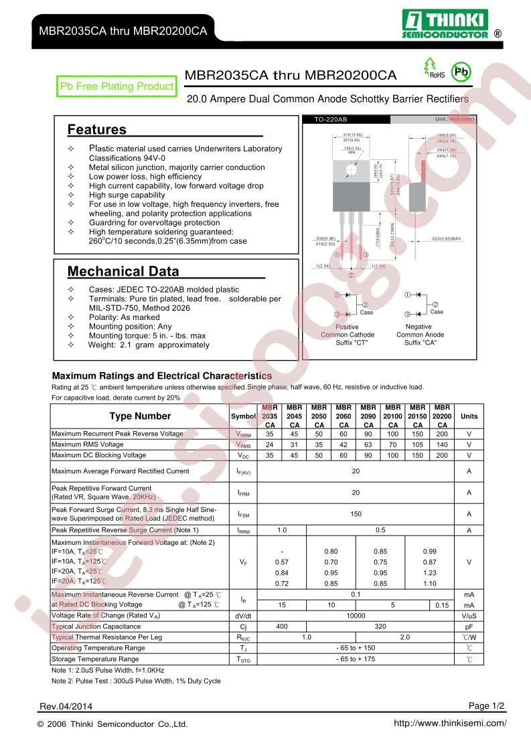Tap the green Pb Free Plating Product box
coord(117,86)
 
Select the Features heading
coord(96,129)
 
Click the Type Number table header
coord(139,416)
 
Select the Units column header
coord(469,416)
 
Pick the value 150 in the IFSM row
coord(356,514)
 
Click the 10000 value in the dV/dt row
coord(356,615)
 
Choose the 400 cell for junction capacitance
coord(282,627)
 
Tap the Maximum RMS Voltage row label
coord(88,444)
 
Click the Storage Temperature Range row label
coord(95,659)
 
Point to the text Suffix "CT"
coord(348,343)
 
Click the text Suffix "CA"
coord(419,343)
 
